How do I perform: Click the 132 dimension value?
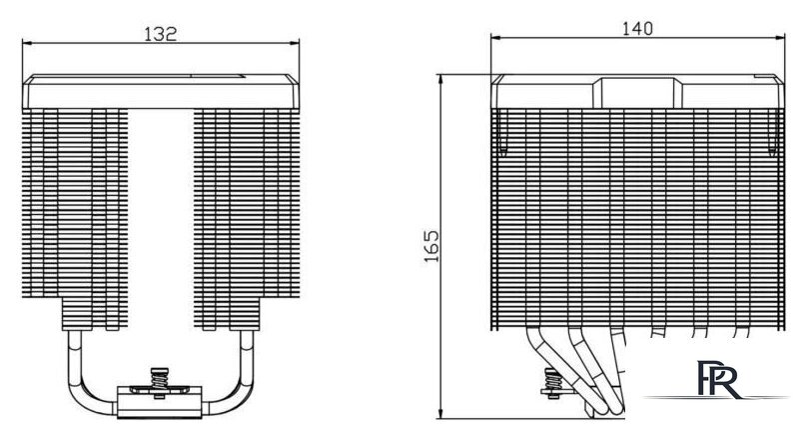click(160, 34)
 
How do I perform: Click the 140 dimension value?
click(637, 29)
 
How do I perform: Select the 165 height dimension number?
click(431, 246)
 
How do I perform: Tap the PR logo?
click(719, 379)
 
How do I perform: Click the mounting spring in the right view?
click(552, 380)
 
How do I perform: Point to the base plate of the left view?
click(159, 402)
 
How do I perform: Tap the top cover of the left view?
click(161, 92)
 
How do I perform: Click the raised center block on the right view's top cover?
click(637, 93)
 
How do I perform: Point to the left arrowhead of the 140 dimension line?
click(496, 37)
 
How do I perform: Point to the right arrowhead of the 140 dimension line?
click(779, 37)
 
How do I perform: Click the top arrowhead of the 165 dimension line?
click(441, 80)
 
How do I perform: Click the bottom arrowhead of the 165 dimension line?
click(441, 413)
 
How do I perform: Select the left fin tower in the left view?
click(75, 219)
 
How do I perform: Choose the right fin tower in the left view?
click(247, 219)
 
